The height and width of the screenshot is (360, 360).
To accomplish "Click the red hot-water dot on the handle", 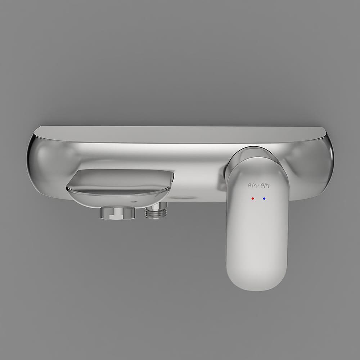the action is [x=253, y=198].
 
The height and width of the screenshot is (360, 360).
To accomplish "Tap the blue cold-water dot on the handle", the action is [x=264, y=198].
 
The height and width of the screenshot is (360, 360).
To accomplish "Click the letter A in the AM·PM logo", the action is [x=250, y=185].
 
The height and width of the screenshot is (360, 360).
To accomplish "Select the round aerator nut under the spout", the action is [x=118, y=213].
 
